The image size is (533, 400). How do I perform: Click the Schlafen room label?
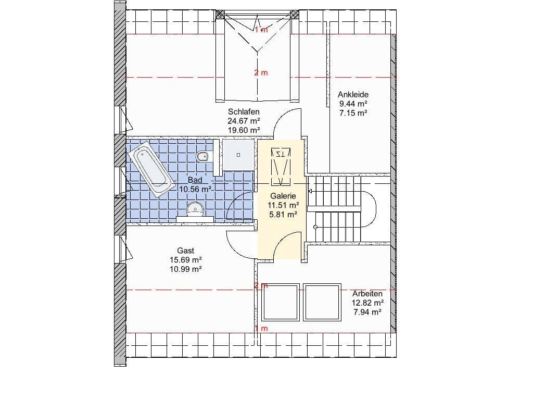[244, 111]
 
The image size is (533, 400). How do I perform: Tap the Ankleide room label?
[353, 95]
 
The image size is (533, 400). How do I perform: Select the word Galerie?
[283, 196]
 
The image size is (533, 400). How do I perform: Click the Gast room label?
[186, 251]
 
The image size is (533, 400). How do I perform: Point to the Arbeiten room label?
[367, 294]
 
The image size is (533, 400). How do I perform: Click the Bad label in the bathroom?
[195, 180]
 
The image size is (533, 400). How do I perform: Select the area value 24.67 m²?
[244, 121]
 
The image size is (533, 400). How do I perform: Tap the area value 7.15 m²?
[353, 113]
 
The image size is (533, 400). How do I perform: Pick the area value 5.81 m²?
[283, 214]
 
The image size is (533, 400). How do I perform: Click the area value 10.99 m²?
[186, 269]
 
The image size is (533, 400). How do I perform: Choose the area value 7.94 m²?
[367, 312]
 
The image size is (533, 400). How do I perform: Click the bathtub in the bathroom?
[151, 169]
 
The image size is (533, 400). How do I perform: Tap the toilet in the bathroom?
[203, 156]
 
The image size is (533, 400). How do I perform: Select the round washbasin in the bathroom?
[195, 208]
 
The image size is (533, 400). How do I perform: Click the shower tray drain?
[238, 155]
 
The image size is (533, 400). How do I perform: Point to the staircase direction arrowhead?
[310, 191]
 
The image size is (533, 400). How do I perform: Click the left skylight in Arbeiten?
[280, 303]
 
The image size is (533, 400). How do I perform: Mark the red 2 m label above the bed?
[261, 73]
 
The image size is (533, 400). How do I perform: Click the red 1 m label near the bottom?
[261, 329]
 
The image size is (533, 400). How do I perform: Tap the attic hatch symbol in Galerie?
[281, 167]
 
